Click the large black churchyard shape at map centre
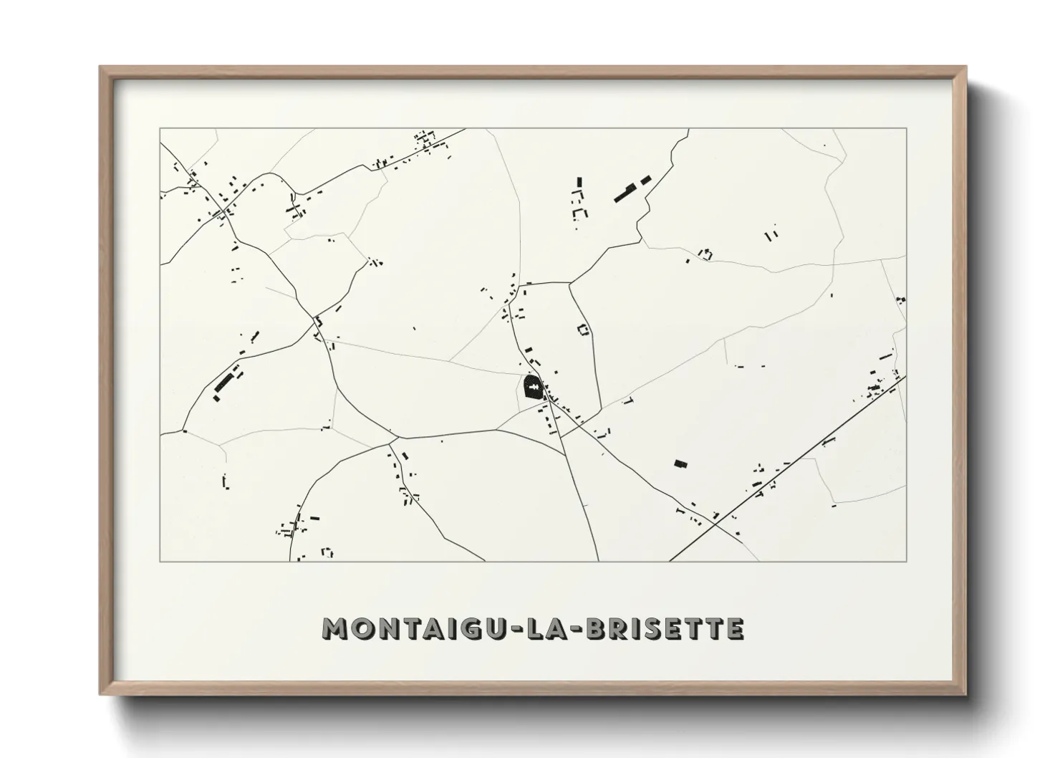tap(533, 388)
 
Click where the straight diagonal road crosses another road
tap(714, 524)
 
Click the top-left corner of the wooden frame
tap(100, 67)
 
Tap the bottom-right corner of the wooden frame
tap(965, 695)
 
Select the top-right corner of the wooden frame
tap(965, 67)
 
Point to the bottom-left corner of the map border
tap(160, 561)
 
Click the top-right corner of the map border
tap(907, 128)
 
